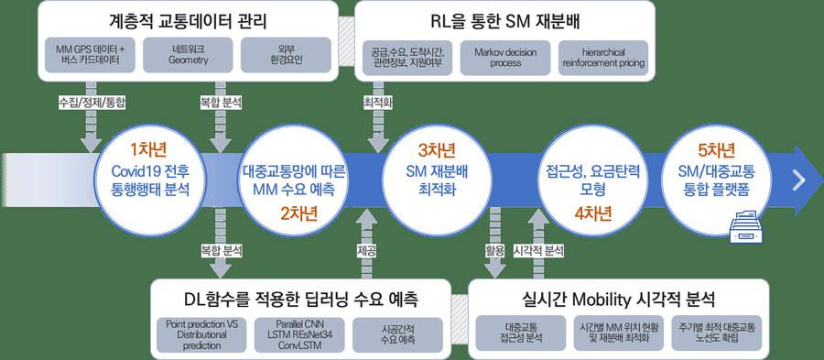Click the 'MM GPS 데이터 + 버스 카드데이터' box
[x=91, y=55]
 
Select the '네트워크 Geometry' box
[x=189, y=55]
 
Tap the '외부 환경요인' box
[x=286, y=55]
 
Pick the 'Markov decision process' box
[x=505, y=58]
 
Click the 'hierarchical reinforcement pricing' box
[x=603, y=58]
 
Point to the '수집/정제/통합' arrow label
[x=92, y=103]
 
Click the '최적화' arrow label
[x=378, y=103]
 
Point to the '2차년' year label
[x=298, y=213]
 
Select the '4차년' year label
[x=592, y=213]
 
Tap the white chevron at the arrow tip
[x=799, y=180]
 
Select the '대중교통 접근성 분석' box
[x=520, y=333]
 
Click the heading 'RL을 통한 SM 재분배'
[x=505, y=22]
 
